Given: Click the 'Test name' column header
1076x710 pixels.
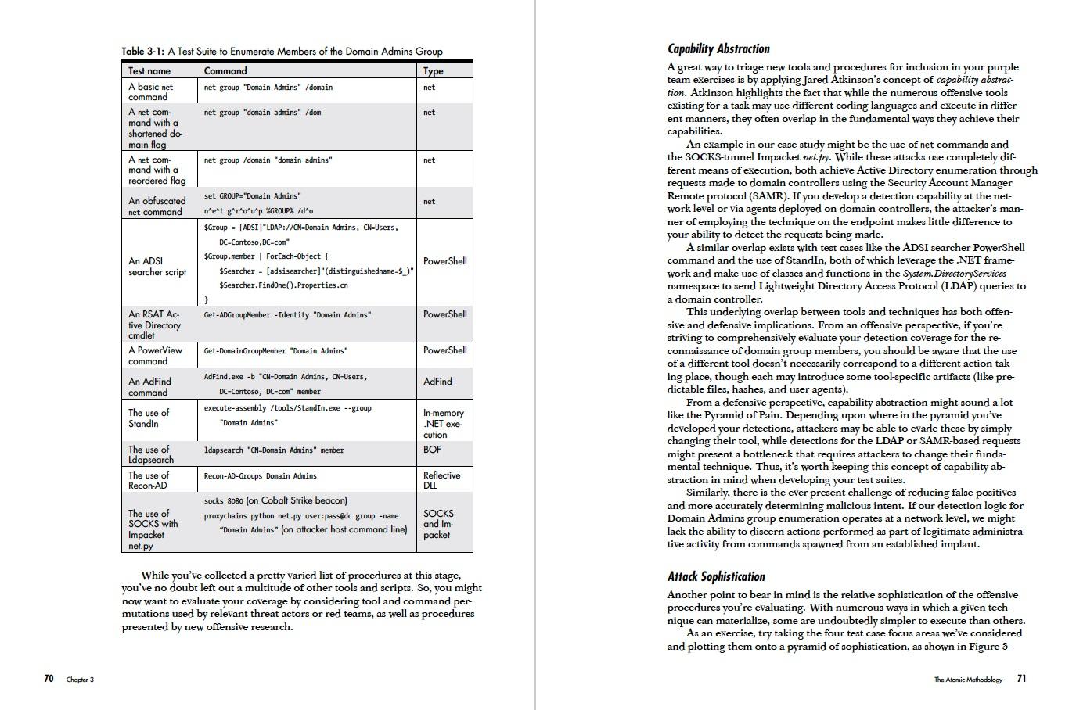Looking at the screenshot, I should click(149, 70).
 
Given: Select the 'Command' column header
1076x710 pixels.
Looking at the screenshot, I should click(225, 70).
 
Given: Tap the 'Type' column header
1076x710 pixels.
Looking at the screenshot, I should click(434, 70).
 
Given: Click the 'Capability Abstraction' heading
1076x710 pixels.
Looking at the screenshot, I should click(718, 48).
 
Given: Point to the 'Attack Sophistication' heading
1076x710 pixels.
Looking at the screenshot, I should click(716, 576).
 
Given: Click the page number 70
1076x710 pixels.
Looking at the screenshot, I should click(49, 678).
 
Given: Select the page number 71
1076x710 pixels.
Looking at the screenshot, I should click(1021, 678).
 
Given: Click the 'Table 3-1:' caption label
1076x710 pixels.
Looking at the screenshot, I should click(143, 52).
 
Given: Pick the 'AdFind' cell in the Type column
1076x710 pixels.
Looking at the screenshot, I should click(437, 382).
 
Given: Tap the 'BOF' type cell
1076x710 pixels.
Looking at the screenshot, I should click(432, 450).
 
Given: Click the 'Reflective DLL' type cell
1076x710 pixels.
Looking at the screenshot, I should click(441, 480).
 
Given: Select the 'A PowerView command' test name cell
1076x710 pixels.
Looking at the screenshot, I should click(155, 356).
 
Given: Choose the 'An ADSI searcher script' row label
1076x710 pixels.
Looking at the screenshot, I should click(157, 267).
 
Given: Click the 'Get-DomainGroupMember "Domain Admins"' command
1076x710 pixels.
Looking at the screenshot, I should click(275, 351).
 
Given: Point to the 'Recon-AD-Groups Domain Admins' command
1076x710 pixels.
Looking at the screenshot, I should click(260, 475).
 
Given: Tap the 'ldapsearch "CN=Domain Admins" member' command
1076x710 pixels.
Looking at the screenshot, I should click(273, 450).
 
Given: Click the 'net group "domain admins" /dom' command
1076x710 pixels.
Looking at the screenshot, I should click(262, 113).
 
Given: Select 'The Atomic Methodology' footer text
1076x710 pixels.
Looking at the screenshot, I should click(967, 680).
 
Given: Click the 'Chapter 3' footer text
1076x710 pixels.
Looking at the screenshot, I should click(80, 680).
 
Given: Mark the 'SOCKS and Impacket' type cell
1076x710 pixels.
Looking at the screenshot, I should click(437, 524).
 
